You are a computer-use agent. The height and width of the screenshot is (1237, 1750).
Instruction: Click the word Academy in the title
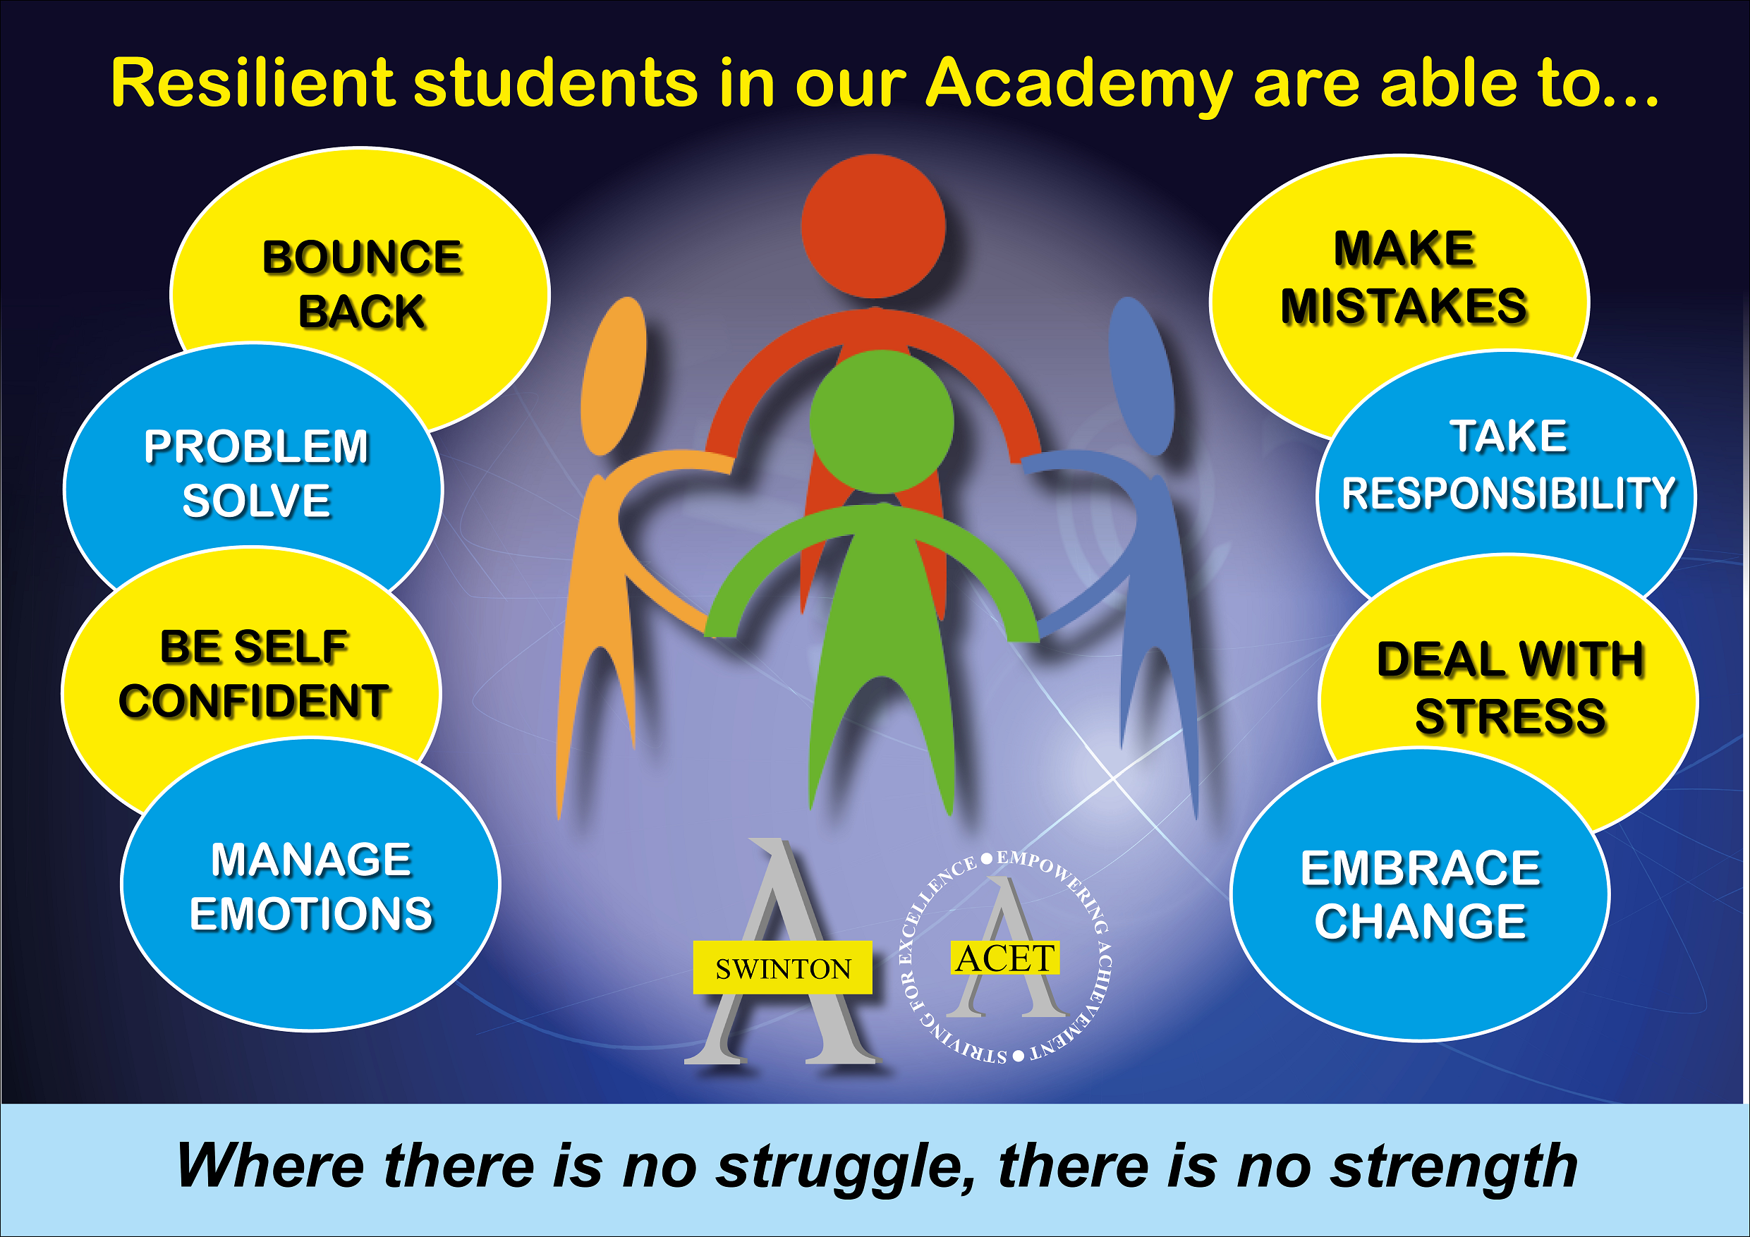[x=1079, y=85]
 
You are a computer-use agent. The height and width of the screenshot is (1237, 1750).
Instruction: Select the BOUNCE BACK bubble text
[x=362, y=284]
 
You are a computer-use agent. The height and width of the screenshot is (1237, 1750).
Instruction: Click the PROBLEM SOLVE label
[x=256, y=473]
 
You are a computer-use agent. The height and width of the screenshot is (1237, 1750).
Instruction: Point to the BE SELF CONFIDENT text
[x=254, y=674]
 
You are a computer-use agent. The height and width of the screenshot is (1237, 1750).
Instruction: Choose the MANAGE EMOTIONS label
[x=311, y=886]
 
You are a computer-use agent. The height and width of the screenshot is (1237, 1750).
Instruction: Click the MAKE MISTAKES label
[x=1404, y=277]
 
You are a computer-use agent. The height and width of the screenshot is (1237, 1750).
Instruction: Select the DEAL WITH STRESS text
[x=1510, y=688]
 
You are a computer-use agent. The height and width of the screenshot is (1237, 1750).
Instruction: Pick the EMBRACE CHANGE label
[x=1421, y=895]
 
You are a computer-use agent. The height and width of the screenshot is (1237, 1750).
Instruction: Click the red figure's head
[x=873, y=226]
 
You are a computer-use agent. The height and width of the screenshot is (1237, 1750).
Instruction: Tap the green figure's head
[x=881, y=422]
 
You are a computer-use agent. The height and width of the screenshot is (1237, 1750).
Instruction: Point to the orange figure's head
[x=614, y=377]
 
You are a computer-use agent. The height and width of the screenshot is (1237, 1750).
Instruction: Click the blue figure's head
[x=1141, y=377]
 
